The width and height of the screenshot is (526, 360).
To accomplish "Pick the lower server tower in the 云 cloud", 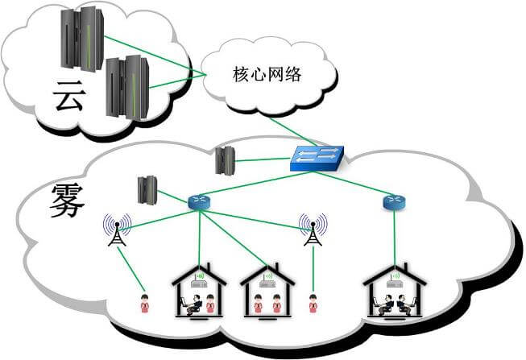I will [127, 86].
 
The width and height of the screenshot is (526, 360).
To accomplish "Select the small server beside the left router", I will [147, 189].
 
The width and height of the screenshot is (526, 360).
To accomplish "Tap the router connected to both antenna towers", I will [198, 202].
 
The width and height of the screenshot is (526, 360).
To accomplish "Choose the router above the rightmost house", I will [394, 201].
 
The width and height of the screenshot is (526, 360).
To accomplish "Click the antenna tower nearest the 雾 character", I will [118, 230].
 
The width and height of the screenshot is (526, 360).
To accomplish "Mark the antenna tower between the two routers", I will [312, 230].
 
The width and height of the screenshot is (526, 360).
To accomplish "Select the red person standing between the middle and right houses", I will [313, 304].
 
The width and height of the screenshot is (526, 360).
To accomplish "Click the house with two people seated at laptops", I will [394, 292].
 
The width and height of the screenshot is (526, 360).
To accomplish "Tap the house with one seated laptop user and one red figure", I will [199, 292].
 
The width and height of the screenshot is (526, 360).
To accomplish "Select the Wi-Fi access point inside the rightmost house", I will [394, 279].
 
